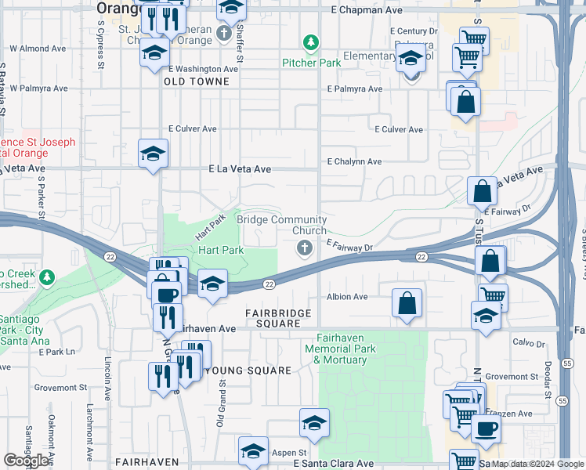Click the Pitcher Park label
[x=311, y=62]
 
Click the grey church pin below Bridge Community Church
[x=303, y=249]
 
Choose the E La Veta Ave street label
[x=240, y=168]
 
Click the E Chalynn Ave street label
[x=354, y=161]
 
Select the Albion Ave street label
[x=347, y=297]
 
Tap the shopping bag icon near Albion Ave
[x=407, y=304]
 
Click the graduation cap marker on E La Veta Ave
[x=153, y=154]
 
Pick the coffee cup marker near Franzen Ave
[x=486, y=430]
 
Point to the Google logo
[x=26, y=461]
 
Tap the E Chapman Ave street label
[x=367, y=10]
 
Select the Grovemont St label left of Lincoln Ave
[x=60, y=387]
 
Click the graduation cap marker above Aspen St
[x=314, y=423]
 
